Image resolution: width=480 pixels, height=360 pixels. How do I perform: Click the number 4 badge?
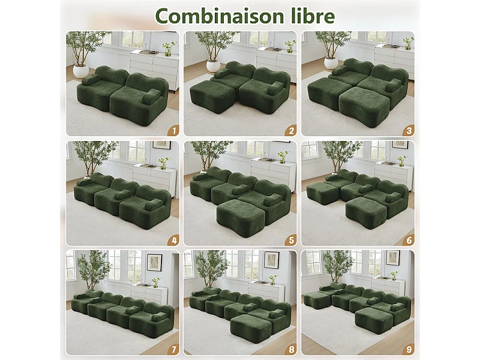(x=173, y=240)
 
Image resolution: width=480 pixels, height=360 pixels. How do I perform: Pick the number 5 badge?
(x=291, y=240)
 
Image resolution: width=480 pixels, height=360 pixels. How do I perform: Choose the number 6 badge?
(x=408, y=240)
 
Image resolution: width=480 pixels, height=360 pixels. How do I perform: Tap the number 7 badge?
(x=173, y=349)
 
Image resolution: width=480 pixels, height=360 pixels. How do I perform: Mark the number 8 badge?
(x=291, y=349)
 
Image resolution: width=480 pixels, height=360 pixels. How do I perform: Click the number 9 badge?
(x=408, y=349)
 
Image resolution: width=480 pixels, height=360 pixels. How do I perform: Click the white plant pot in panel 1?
(x=81, y=70)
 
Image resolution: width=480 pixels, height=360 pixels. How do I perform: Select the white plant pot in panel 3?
(x=331, y=62)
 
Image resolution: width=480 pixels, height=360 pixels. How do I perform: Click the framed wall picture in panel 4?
(x=161, y=145)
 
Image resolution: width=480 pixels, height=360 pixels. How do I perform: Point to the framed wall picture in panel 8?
(x=271, y=259)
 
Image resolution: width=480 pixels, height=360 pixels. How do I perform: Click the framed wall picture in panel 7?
(x=154, y=262)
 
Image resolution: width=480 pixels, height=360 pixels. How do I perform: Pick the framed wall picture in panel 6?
(x=400, y=145)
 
